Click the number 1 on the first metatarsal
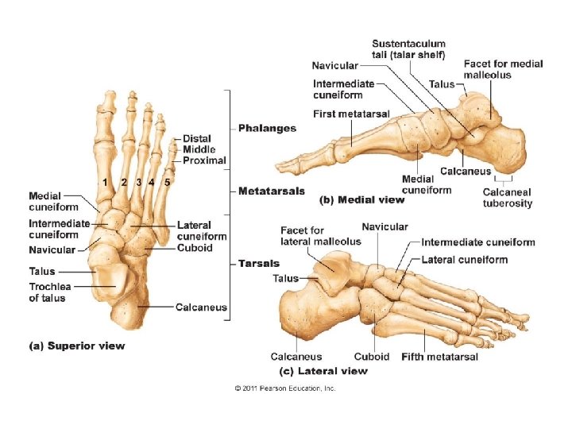click(x=104, y=182)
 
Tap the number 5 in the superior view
click(x=167, y=182)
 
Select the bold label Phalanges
click(x=268, y=128)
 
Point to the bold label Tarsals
click(x=259, y=263)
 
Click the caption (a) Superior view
click(x=76, y=346)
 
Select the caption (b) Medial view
click(x=361, y=199)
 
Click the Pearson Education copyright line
click(x=285, y=388)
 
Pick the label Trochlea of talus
click(x=47, y=292)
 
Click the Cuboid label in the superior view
click(x=195, y=248)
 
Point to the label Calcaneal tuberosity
click(x=508, y=198)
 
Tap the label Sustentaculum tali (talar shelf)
click(x=408, y=48)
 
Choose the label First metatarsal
click(x=351, y=114)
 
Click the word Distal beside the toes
click(x=196, y=139)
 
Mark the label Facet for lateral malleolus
click(x=320, y=236)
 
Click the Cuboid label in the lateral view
click(x=372, y=357)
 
